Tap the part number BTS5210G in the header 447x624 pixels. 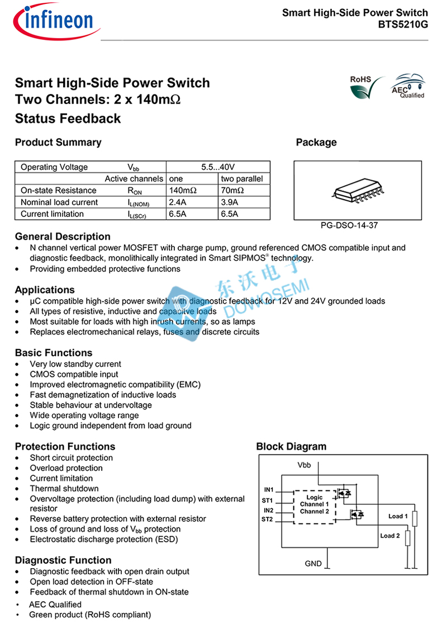coord(403,24)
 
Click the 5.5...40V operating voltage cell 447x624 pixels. coord(218,167)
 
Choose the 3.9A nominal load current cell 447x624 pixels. coord(230,202)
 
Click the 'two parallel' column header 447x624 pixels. coord(241,179)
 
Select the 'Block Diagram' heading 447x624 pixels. coord(291,447)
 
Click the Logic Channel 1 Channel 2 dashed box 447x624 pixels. coord(315,504)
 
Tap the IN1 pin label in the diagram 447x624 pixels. coord(268,490)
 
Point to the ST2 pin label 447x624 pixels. coord(268,519)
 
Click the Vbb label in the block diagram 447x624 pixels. coord(304,465)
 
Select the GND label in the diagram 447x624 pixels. coord(313,563)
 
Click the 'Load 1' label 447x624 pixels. coord(398,516)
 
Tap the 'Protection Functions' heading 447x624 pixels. coord(65,446)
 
